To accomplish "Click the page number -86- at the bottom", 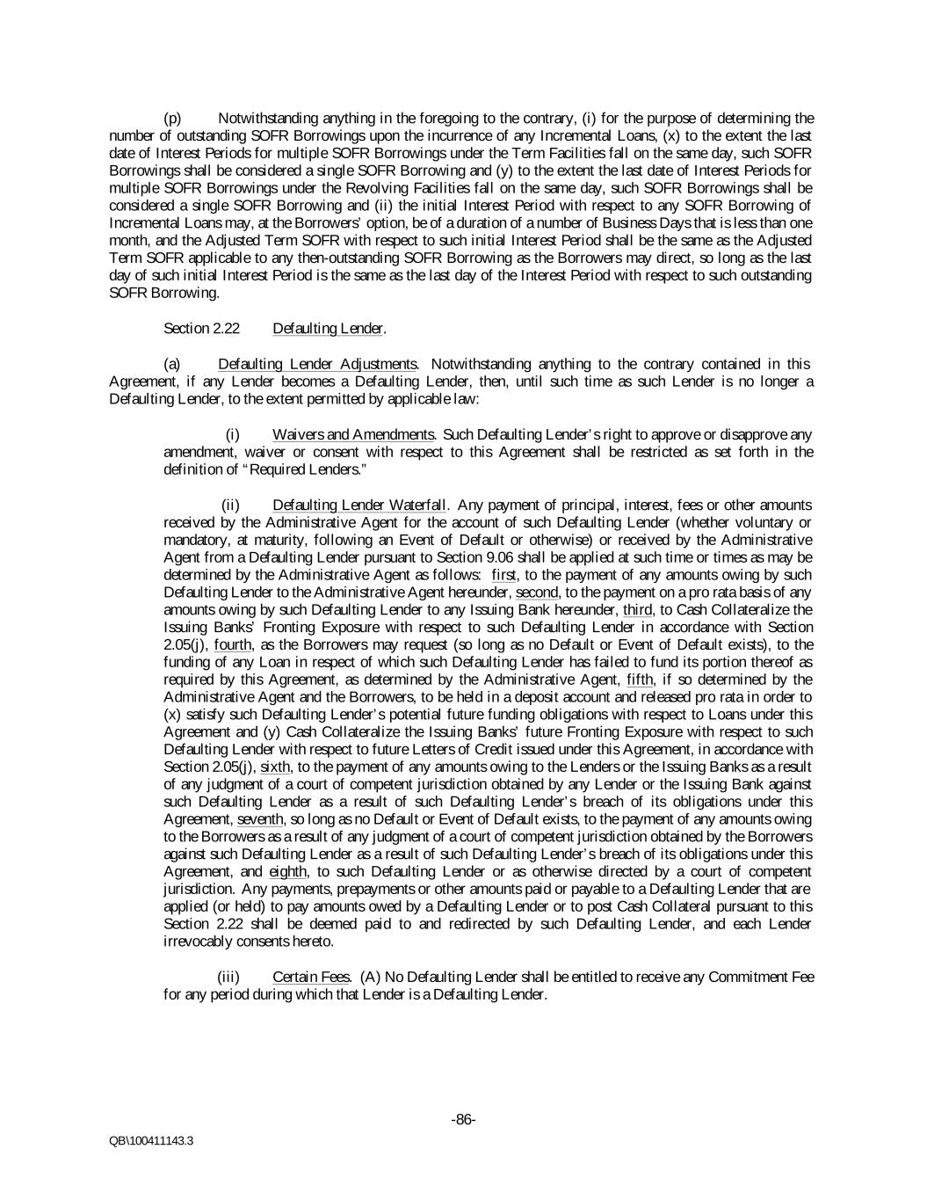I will [463, 1119].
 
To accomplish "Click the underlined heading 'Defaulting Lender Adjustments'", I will [316, 364].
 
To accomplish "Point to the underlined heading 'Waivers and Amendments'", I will [353, 434].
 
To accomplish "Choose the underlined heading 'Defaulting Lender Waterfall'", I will [359, 505].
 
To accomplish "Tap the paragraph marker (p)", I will [173, 119].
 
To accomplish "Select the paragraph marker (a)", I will [172, 364].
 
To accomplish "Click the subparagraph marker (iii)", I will [228, 977].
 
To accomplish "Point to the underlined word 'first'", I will [505, 575].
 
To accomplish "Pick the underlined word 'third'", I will [638, 610].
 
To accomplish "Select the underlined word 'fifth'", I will [641, 680].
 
